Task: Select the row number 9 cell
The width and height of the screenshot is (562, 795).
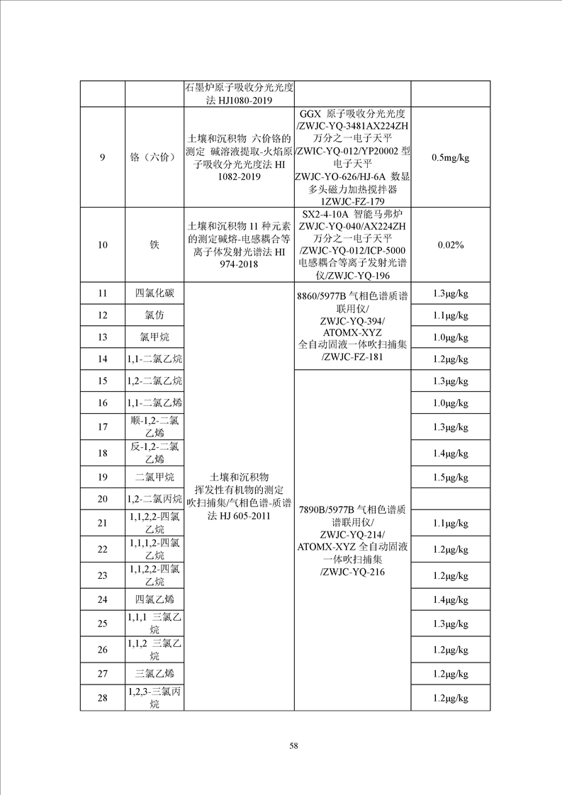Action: click(102, 157)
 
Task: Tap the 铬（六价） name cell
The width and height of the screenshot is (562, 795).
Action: click(154, 157)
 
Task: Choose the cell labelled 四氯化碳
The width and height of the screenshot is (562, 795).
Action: click(154, 293)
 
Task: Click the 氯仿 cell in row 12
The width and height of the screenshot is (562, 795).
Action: click(154, 315)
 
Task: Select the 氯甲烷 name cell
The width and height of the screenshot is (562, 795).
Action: click(154, 337)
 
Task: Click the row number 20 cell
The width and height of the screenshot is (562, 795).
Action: click(102, 499)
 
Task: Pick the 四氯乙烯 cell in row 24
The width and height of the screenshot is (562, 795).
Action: click(154, 599)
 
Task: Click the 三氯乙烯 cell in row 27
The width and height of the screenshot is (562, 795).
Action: click(154, 673)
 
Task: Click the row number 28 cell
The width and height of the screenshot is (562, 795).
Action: click(102, 699)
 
